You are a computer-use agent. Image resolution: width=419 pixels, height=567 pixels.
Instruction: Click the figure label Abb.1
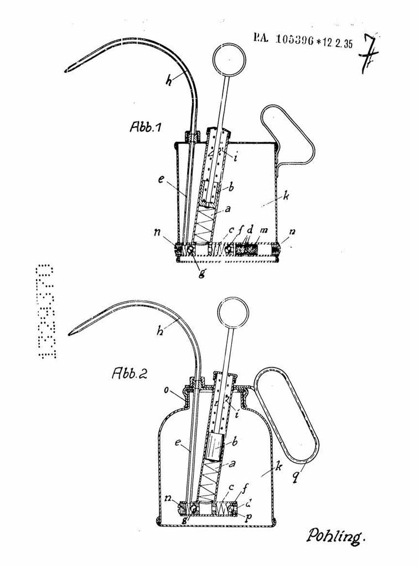(146, 127)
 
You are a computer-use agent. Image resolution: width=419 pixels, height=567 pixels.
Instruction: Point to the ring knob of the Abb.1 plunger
(228, 58)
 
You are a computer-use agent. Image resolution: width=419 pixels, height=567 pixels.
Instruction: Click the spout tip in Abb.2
(70, 333)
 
